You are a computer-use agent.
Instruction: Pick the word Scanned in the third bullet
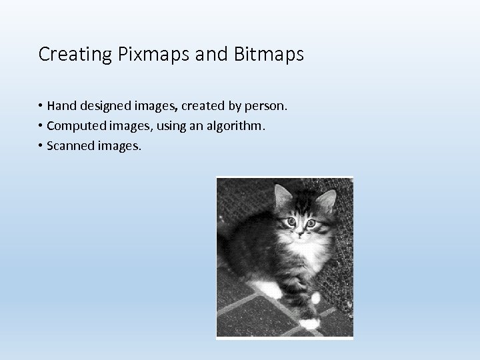tap(70, 145)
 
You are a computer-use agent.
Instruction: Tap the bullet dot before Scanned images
tap(41, 145)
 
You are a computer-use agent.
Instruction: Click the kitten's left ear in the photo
tap(283, 195)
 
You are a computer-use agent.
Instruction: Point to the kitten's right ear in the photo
tap(326, 199)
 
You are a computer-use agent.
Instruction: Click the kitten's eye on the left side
tap(291, 221)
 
